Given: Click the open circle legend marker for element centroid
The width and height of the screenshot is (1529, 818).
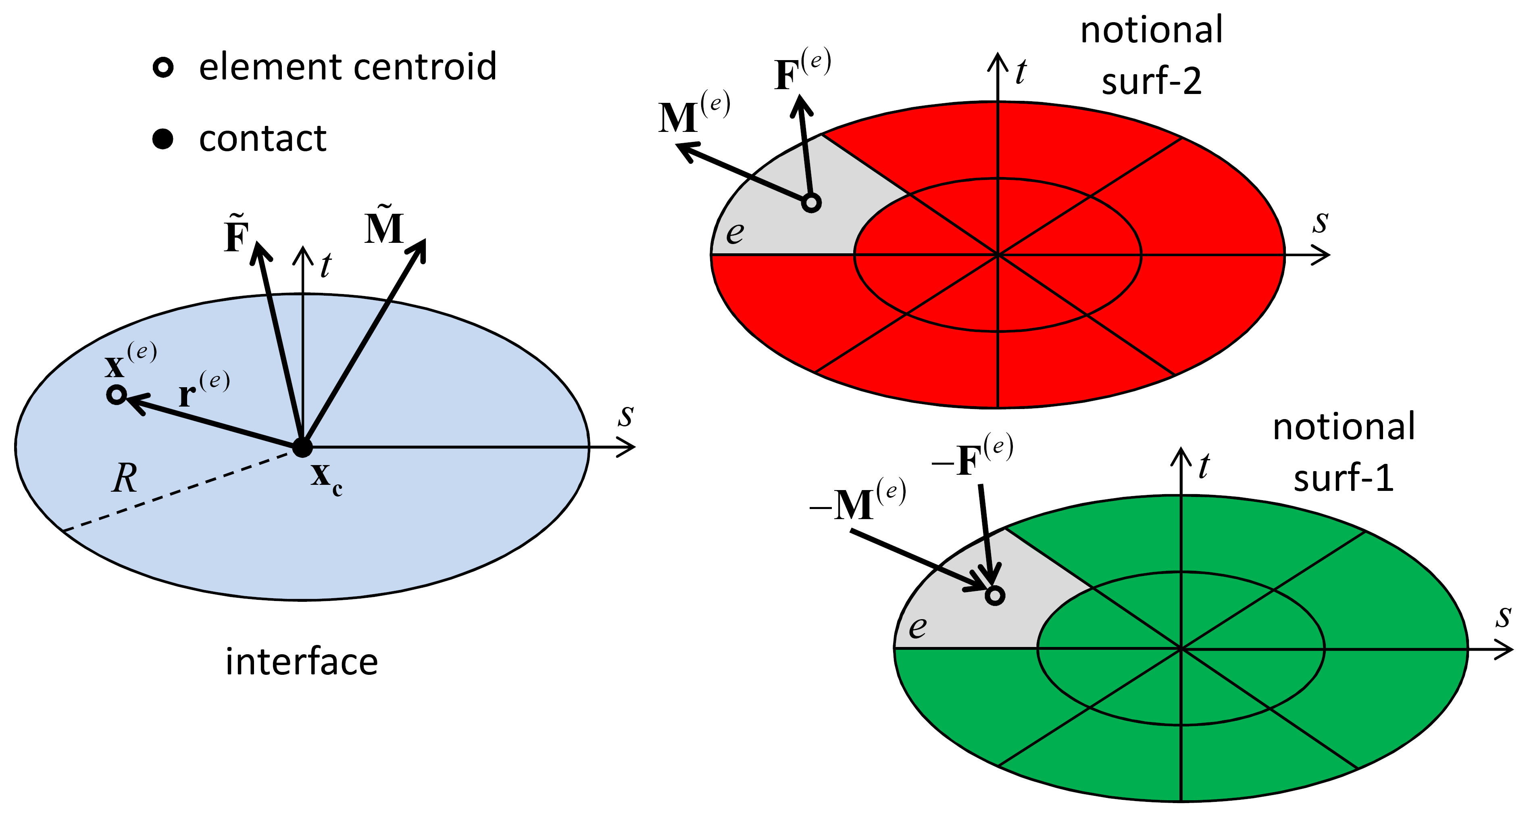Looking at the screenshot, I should tap(163, 67).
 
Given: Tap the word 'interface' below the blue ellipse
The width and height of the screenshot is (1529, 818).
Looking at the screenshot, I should tap(302, 662).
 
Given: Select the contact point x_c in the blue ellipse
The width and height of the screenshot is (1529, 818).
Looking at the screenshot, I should tap(302, 447).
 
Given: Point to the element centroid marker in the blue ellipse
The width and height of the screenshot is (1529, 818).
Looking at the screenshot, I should tap(117, 395).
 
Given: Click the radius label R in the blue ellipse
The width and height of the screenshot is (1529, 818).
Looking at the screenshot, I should tap(125, 478).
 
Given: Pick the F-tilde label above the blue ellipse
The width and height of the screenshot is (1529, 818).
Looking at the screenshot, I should tap(237, 234).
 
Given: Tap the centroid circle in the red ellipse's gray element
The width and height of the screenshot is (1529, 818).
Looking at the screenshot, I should tap(811, 203).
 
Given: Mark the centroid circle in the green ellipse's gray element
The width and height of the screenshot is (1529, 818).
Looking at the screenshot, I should tap(995, 595).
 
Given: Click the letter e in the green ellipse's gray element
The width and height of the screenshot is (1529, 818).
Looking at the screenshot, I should tap(918, 627).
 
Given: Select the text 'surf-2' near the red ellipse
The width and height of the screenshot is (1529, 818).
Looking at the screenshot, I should tap(1152, 81).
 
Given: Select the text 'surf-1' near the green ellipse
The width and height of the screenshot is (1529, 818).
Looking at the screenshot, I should tap(1344, 478).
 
